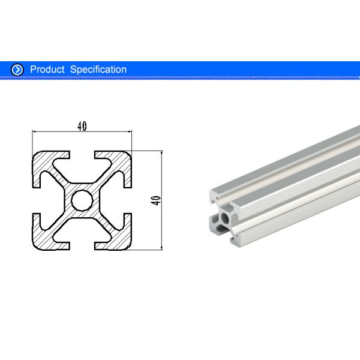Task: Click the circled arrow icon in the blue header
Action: point(17,70)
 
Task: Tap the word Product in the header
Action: point(47,70)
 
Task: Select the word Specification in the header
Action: point(98,70)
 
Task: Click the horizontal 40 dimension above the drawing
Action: point(82,126)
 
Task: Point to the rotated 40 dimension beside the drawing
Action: point(157,200)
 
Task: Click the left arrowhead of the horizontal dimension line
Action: point(34,131)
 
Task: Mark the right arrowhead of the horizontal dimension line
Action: point(128,131)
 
